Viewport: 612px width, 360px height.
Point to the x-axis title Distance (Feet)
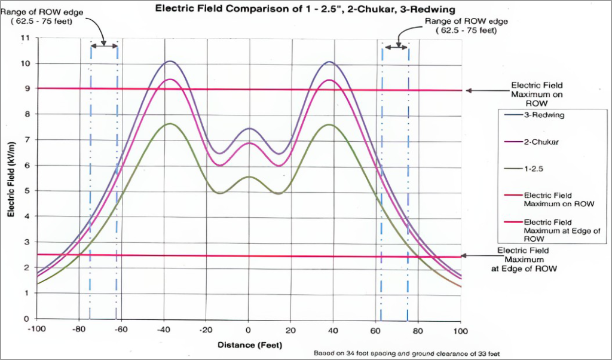[249, 345]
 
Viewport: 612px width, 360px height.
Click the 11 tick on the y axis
[25, 38]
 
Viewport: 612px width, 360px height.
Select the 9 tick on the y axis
[26, 89]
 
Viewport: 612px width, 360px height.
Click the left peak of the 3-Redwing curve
[170, 61]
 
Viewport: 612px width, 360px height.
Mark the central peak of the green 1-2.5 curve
[249, 176]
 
